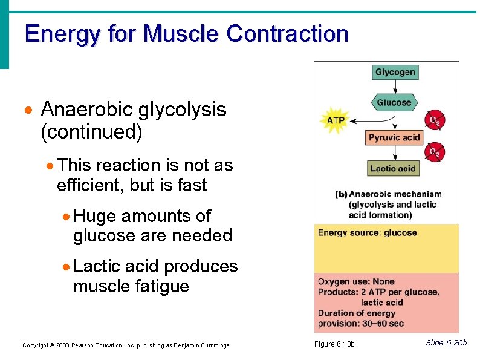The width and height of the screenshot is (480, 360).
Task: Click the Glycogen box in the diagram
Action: click(395, 72)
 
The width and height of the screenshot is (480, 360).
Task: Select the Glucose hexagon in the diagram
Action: click(394, 102)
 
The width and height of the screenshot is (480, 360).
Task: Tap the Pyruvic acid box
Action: click(394, 137)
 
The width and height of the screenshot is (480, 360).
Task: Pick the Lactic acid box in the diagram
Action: click(393, 168)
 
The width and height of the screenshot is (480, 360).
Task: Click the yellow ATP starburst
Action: click(336, 120)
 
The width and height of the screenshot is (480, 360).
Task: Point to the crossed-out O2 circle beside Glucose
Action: click(434, 120)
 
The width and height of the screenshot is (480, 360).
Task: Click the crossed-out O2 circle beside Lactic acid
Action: click(434, 152)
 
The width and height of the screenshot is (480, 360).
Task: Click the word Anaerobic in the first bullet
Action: click(86, 110)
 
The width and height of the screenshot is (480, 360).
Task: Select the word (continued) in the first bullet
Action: click(91, 132)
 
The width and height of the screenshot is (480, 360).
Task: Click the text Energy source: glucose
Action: click(367, 233)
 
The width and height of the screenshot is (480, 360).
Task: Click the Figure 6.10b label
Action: click(334, 345)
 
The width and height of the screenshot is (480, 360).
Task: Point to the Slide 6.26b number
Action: click(446, 343)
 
